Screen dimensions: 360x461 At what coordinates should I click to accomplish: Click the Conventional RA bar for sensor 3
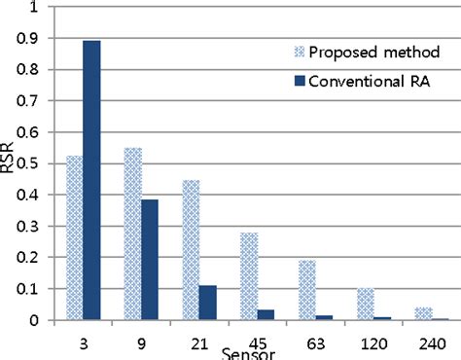91,180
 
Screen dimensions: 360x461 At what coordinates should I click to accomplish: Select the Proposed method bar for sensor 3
74,237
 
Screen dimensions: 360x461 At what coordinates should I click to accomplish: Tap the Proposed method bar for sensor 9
132,234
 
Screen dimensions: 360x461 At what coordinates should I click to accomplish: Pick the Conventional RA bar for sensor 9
149,259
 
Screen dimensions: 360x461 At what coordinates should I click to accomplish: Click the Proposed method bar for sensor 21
190,250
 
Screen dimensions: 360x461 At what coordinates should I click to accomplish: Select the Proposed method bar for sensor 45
248,276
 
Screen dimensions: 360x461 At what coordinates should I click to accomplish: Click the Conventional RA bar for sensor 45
266,314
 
